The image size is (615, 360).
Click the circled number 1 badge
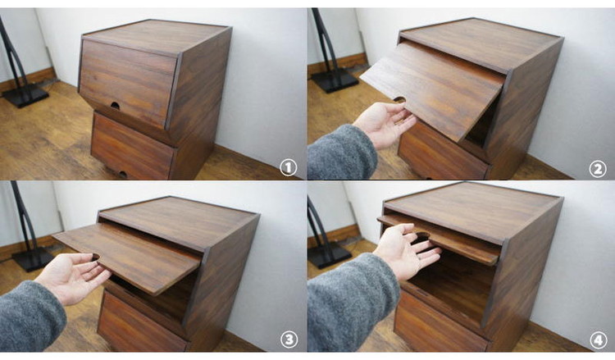click(288, 168)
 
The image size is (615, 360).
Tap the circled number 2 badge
click(597, 169)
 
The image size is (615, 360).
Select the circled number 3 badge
click(289, 339)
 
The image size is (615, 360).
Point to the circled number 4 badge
click(598, 340)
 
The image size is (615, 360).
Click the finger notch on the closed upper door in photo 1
click(115, 106)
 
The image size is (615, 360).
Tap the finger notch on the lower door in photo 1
click(122, 174)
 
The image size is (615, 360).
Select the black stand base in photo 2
click(335, 80)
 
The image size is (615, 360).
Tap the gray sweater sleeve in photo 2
click(341, 153)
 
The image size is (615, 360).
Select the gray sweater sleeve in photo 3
click(31, 317)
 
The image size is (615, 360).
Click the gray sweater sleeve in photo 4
click(351, 302)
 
